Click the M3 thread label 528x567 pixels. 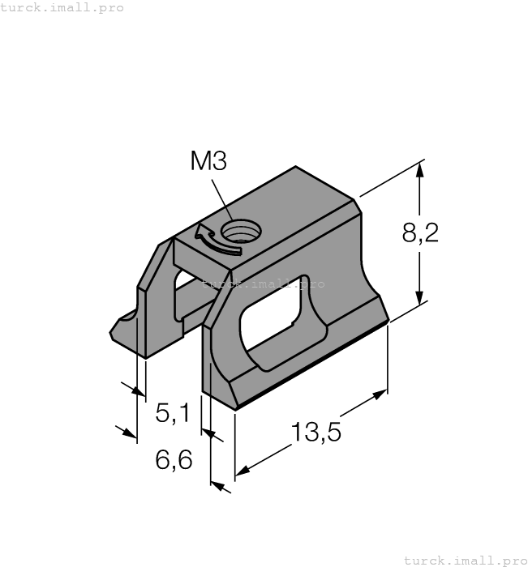point(208,160)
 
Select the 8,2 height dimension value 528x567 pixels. point(420,233)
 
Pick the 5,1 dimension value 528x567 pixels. point(172,414)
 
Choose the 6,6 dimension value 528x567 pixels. point(173,461)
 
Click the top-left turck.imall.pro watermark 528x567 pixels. point(62,7)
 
